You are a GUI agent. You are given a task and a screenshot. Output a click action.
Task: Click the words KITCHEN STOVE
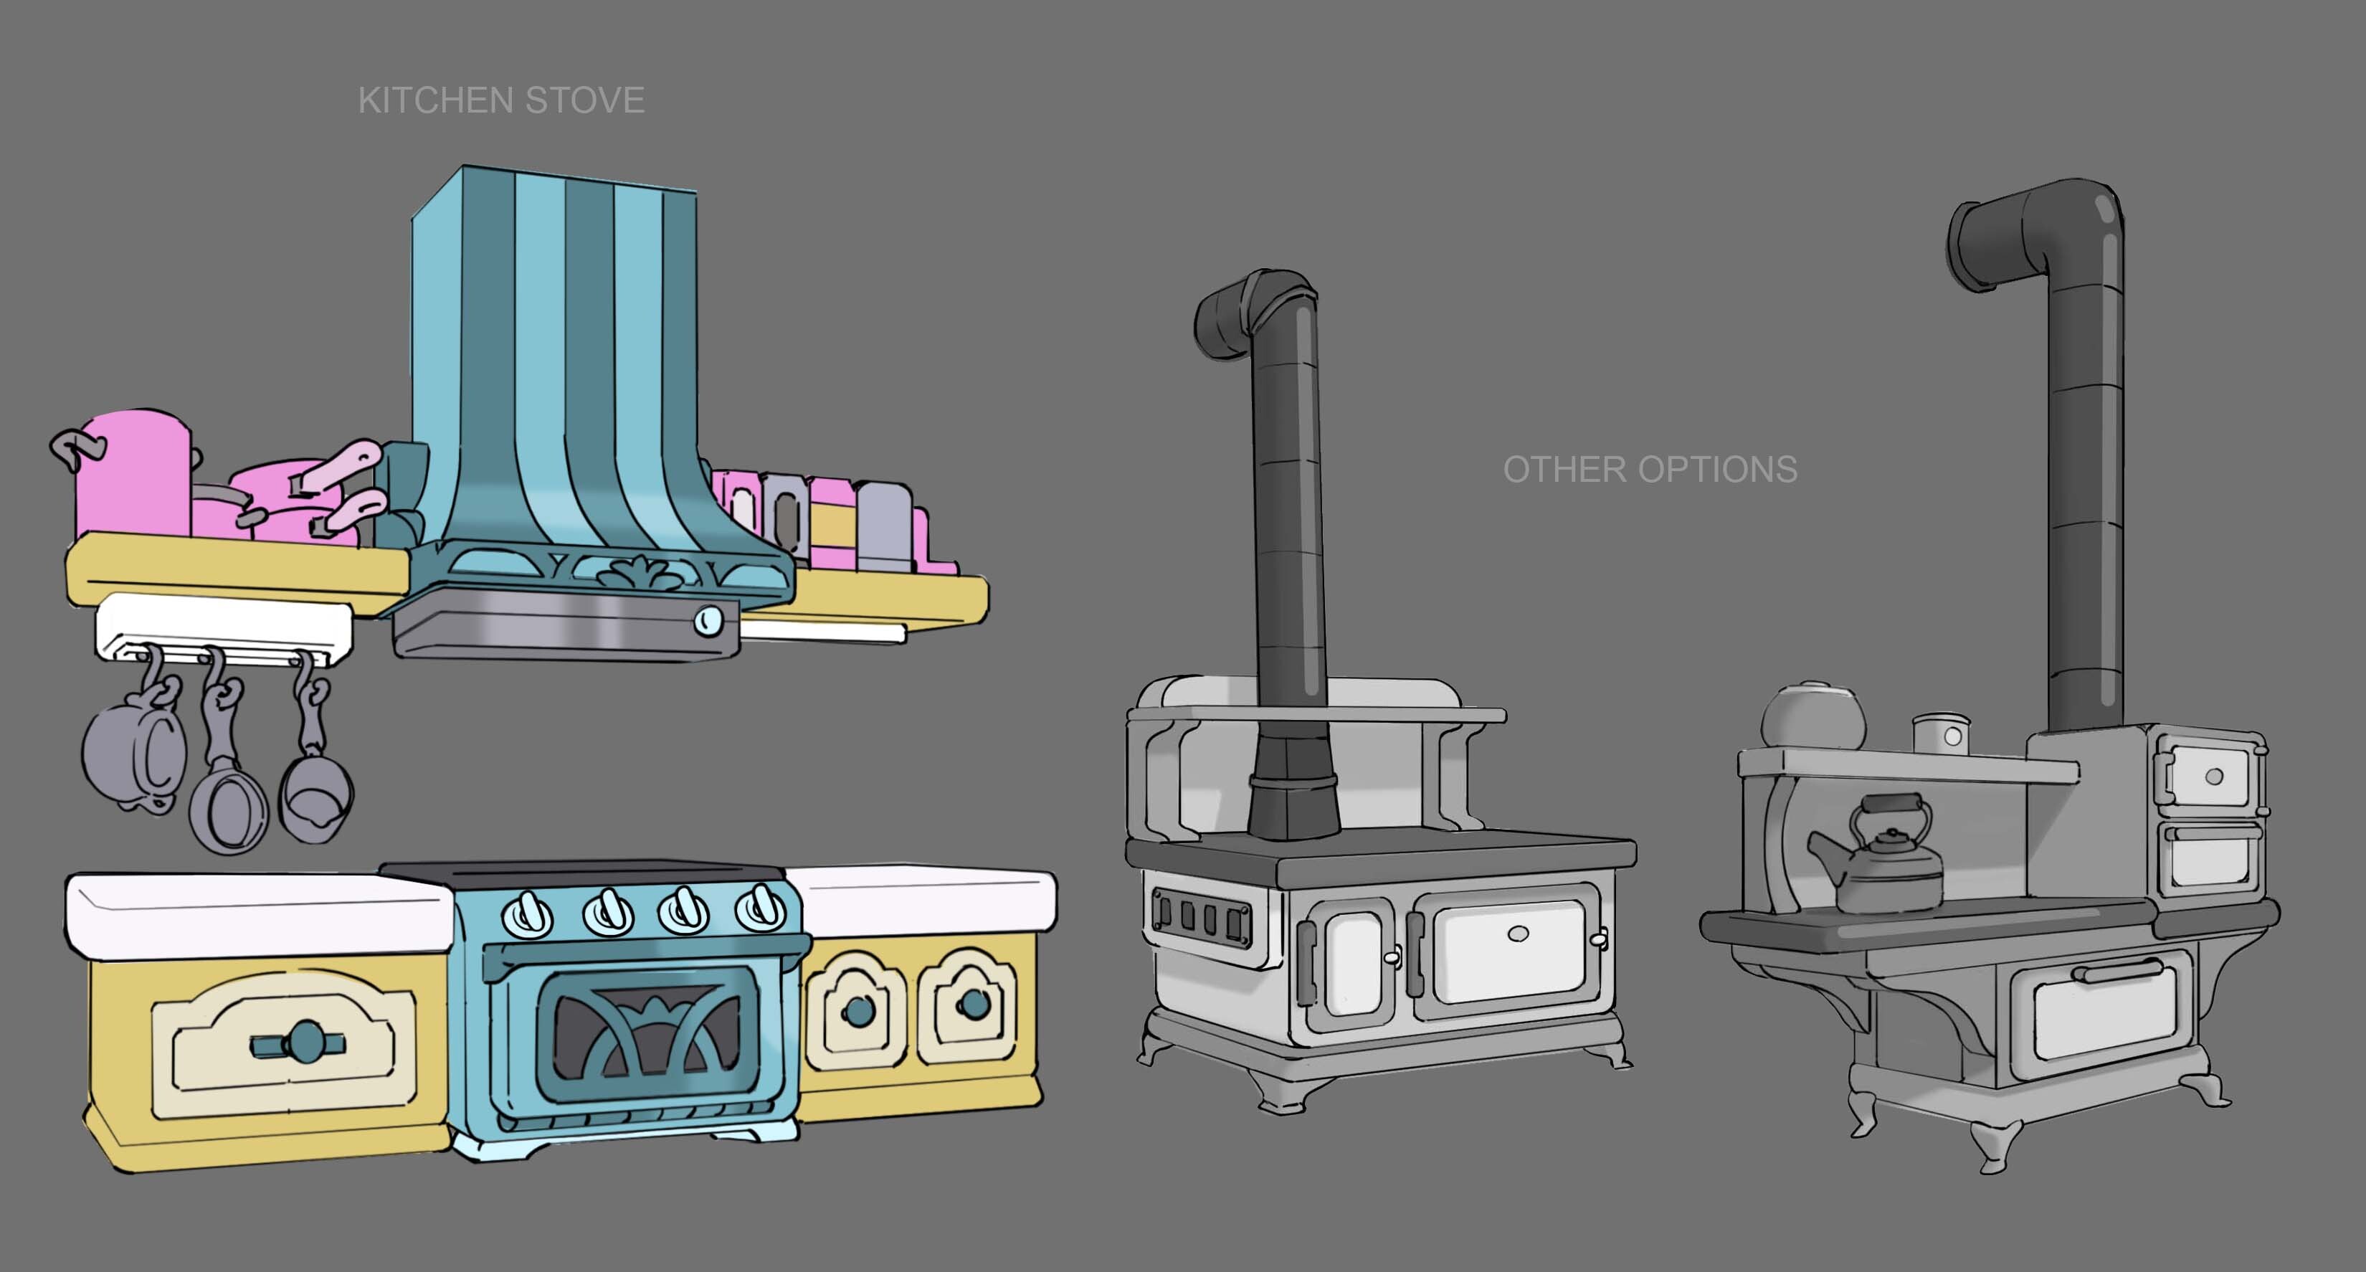tap(500, 100)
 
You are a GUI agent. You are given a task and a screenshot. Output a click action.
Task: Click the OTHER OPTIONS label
tap(1650, 470)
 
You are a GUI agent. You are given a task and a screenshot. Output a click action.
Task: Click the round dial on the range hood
tap(707, 621)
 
